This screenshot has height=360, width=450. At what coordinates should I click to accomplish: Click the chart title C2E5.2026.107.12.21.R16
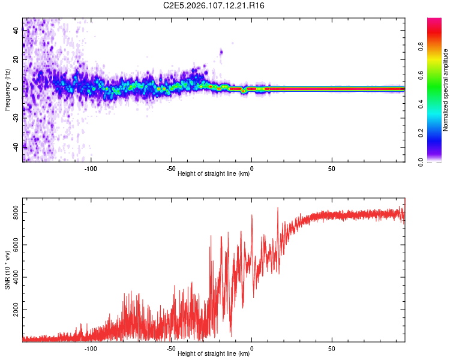214,5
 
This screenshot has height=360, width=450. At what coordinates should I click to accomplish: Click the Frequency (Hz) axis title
7,90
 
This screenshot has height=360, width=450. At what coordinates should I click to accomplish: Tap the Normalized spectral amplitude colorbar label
446,90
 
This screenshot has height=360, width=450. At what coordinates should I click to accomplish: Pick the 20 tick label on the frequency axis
16,59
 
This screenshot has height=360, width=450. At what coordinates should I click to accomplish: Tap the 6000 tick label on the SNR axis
16,244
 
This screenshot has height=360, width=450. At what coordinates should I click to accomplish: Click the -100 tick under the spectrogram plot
91,169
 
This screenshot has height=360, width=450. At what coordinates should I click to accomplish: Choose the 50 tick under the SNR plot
332,349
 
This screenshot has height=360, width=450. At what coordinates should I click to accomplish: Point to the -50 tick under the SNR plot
171,349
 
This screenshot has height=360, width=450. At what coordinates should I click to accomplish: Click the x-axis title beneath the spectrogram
214,174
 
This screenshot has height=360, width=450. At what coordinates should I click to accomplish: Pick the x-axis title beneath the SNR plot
214,354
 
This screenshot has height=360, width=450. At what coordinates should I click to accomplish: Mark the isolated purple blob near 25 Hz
221,52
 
